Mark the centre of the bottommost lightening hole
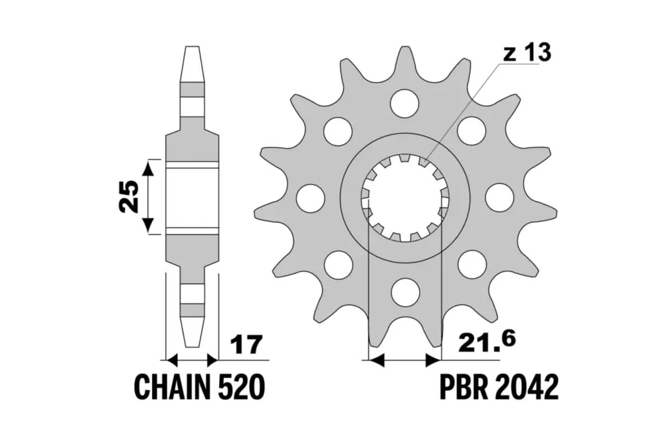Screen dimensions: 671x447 [x=405, y=292]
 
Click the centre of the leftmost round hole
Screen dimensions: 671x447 [x=310, y=198]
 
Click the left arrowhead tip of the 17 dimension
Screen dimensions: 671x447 [x=166, y=360]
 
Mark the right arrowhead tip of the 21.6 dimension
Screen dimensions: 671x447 [x=442, y=360]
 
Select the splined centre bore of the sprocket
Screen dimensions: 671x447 [x=405, y=198]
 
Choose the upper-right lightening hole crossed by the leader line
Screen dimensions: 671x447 [x=471, y=131]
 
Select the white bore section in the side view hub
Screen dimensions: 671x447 [x=192, y=198]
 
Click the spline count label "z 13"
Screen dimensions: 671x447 [x=527, y=53]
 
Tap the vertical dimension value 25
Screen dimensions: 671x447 [x=129, y=197]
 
